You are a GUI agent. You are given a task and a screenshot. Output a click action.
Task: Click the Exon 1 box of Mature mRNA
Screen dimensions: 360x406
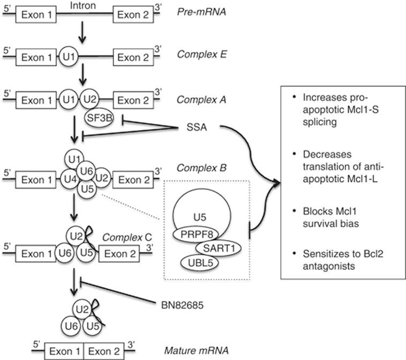coord(63,351)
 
